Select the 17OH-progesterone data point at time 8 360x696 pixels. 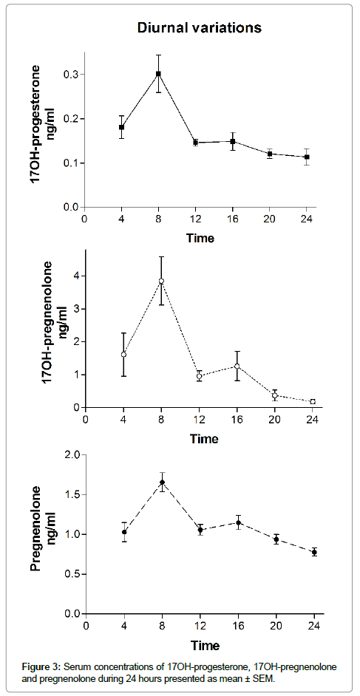(x=158, y=74)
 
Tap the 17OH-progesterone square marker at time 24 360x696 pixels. (x=306, y=157)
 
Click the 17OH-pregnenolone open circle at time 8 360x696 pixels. (x=162, y=281)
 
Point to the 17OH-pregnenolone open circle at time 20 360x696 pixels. (x=275, y=395)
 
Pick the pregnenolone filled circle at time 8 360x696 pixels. (x=163, y=482)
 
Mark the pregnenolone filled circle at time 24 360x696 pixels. (x=314, y=552)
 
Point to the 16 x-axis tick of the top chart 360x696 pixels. (x=233, y=219)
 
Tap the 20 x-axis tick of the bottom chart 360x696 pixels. (x=276, y=625)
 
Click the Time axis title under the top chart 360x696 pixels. (x=200, y=239)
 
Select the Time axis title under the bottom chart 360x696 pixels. (x=205, y=644)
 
